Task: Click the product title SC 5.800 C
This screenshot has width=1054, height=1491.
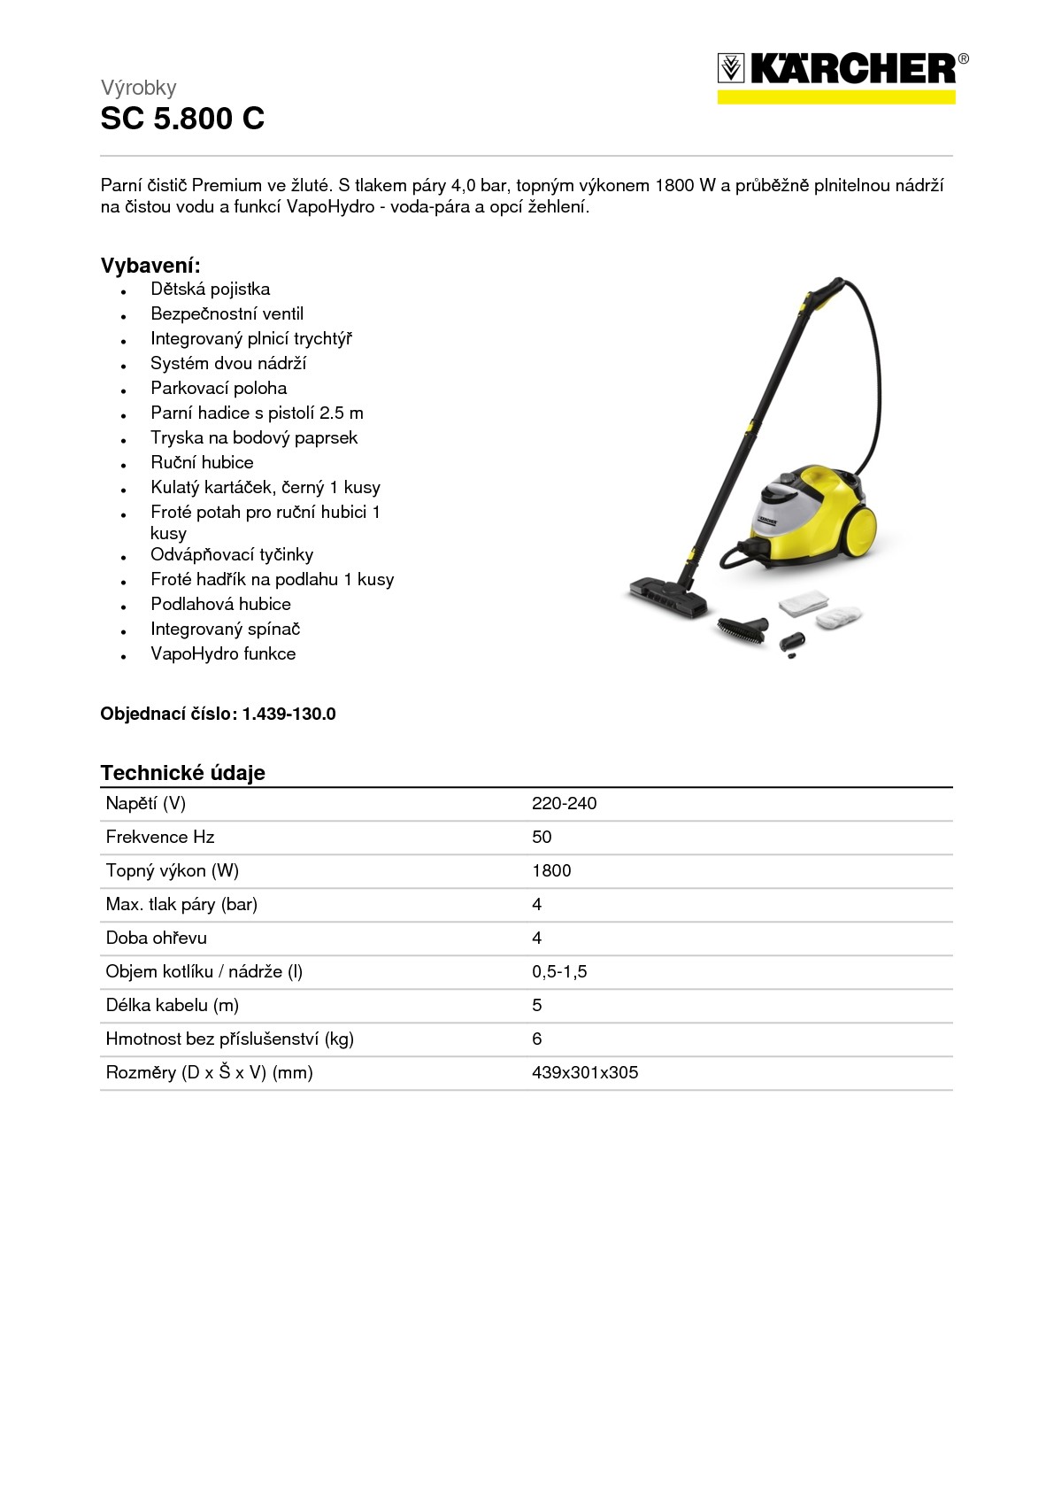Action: [x=182, y=119]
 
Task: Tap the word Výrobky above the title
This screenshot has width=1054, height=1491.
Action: [x=138, y=88]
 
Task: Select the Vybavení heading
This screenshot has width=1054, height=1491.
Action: [x=150, y=266]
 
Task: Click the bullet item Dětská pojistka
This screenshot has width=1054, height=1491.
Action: [x=210, y=290]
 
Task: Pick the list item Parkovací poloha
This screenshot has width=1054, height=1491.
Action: [x=219, y=389]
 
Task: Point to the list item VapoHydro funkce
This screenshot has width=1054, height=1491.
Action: [x=223, y=654]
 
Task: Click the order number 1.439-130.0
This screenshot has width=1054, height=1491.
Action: [x=289, y=715]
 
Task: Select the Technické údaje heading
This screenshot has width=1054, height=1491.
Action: [x=182, y=773]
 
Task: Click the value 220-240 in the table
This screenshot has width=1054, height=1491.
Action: [x=564, y=804]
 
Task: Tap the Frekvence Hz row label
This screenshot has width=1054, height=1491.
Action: [x=159, y=838]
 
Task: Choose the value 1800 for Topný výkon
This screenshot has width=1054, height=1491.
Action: [x=551, y=871]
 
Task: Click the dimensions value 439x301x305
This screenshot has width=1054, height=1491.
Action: [x=584, y=1073]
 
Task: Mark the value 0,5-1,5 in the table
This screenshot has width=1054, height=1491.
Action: [x=559, y=972]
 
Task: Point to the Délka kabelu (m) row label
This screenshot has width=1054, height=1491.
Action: [x=172, y=1006]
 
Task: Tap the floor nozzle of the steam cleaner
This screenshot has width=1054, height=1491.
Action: [x=669, y=597]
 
